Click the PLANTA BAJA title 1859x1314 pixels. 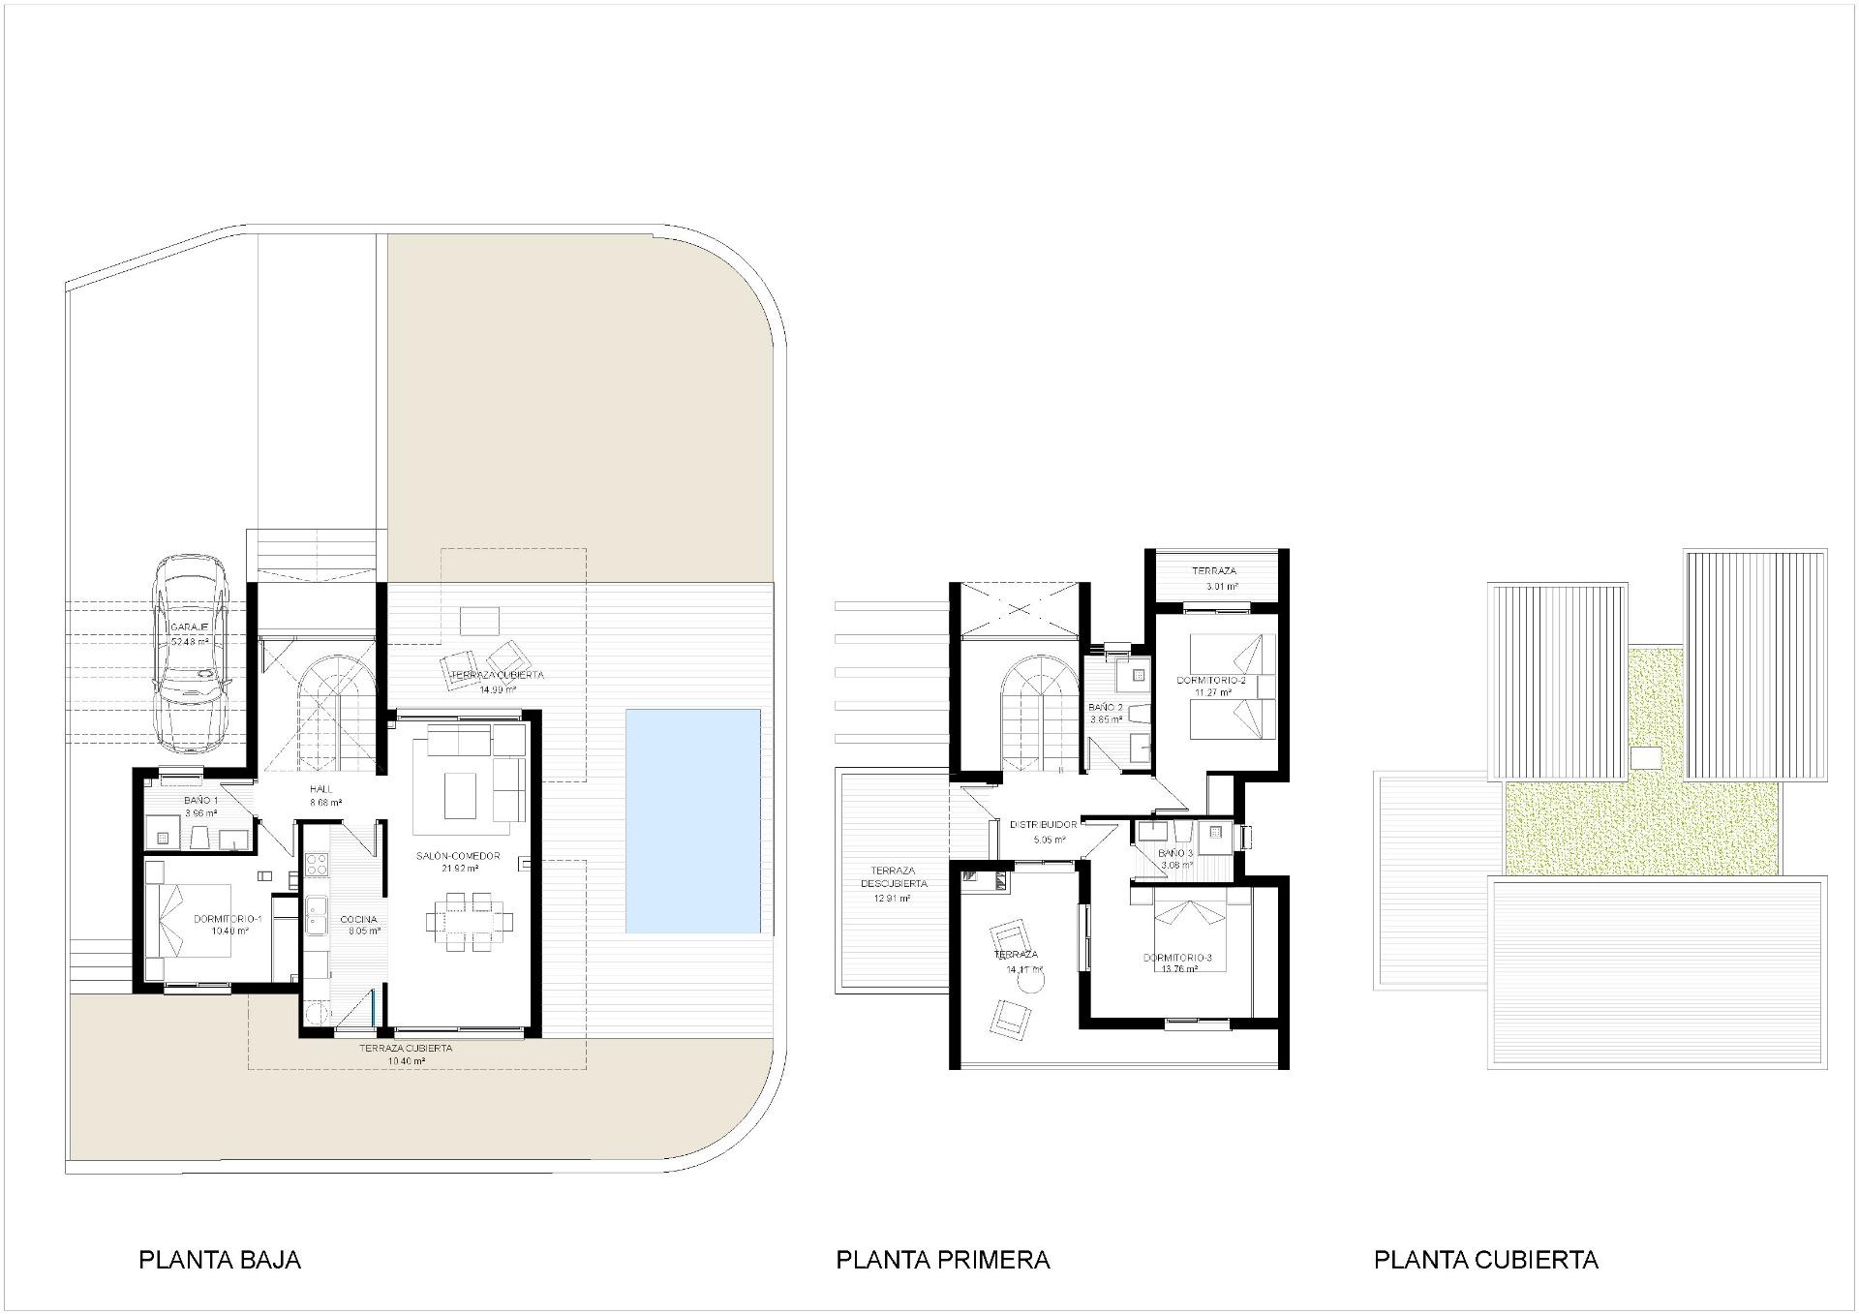coord(220,1260)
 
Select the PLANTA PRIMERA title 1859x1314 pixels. coord(942,1260)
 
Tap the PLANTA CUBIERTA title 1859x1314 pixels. coord(1485,1260)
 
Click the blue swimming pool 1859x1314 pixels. coord(692,820)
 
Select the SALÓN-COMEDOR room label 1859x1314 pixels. coord(458,856)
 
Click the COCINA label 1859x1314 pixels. coord(358,920)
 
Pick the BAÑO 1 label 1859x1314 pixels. coord(200,801)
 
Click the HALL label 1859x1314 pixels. coord(320,789)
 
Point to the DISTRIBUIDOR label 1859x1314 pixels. coord(1043,825)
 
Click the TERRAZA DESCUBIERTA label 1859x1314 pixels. coord(894,877)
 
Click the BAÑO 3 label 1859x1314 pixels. coord(1176,853)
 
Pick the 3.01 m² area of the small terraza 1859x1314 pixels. coord(1220,587)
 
